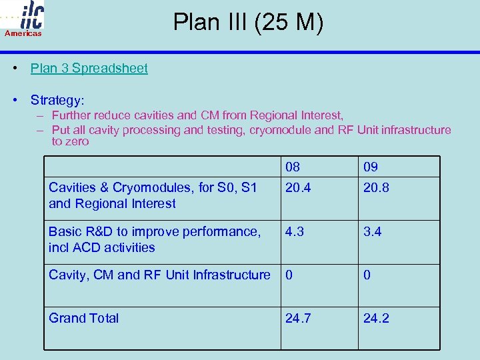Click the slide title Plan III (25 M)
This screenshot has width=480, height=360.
(x=248, y=23)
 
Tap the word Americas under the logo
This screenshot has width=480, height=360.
(x=23, y=33)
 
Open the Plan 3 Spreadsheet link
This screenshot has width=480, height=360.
(x=89, y=68)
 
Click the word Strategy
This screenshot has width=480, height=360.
(x=57, y=101)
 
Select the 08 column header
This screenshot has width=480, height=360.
(x=293, y=167)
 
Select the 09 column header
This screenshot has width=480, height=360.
(x=371, y=167)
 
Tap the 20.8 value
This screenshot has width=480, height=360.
(x=376, y=188)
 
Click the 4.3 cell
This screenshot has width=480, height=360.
(x=295, y=232)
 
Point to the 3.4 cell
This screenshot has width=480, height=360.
(x=373, y=232)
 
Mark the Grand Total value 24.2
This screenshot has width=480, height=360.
(x=377, y=318)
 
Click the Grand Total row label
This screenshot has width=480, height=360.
(x=84, y=318)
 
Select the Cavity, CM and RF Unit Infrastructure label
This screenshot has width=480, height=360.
(x=159, y=275)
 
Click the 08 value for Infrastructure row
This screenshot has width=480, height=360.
(x=289, y=275)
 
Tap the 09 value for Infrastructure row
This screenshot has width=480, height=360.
(x=367, y=275)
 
